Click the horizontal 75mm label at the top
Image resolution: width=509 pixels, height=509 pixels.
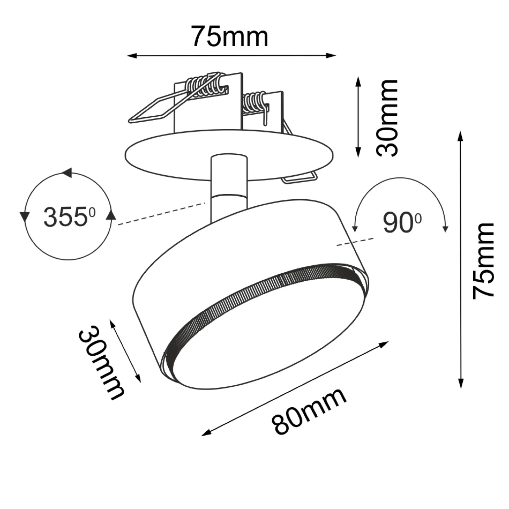click(230, 36)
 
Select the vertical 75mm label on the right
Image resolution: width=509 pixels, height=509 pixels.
click(483, 261)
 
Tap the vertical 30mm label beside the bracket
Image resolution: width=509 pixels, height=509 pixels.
click(387, 118)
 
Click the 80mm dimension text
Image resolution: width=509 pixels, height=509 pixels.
click(309, 411)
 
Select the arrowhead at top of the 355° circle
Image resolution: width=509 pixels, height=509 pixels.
click(67, 173)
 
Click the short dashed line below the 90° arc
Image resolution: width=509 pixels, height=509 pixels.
click(355, 242)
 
